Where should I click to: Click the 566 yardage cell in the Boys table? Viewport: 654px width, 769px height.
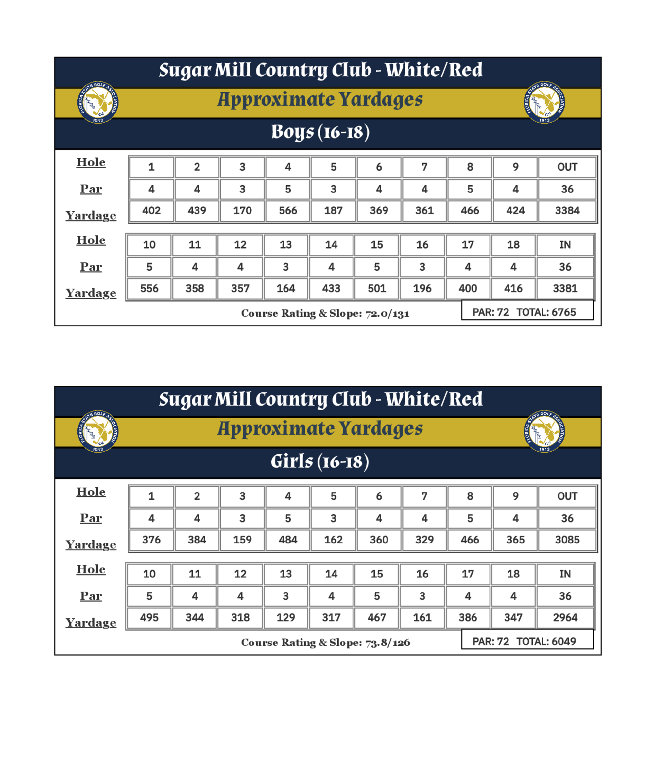[x=288, y=210]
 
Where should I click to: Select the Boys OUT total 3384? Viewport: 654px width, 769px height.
[x=567, y=210]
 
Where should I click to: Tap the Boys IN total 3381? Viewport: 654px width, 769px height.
[x=565, y=288]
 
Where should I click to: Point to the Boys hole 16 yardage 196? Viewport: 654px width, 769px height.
[x=422, y=288]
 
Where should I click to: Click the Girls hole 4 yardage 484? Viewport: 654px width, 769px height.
[x=288, y=540]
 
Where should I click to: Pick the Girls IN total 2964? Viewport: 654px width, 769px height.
[x=565, y=617]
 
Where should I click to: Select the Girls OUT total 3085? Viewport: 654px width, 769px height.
[x=567, y=540]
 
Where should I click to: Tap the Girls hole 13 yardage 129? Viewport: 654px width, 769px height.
[x=285, y=617]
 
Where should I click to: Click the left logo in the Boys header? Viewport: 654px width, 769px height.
[x=98, y=102]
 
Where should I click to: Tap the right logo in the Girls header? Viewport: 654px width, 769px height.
[x=544, y=431]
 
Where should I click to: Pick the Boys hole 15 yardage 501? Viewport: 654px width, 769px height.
[x=377, y=288]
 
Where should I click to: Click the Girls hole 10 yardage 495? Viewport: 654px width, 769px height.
[x=149, y=617]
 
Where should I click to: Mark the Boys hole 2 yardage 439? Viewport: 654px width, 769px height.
[x=197, y=210]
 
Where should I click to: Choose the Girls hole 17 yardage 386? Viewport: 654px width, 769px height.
[x=468, y=617]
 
